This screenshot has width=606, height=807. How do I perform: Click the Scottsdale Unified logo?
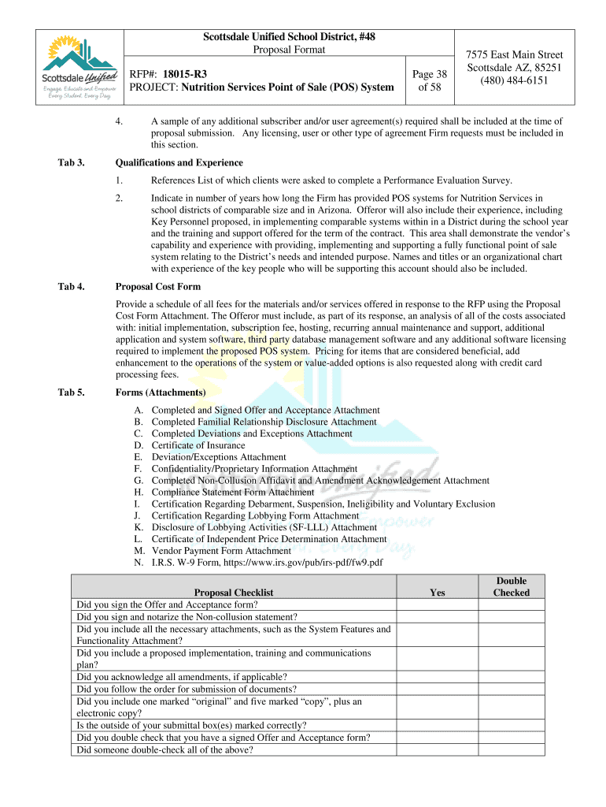coord(77,66)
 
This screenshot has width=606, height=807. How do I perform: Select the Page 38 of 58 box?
coord(430,80)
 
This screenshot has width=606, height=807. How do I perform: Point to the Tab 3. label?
coord(71,163)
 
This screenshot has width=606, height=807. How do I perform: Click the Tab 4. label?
coord(71,286)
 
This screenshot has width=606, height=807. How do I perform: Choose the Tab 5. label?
coord(71,392)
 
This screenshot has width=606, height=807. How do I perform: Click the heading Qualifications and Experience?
coord(179,163)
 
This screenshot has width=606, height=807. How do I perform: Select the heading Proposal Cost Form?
coord(158,286)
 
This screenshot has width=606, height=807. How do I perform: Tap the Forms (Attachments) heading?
coord(161,392)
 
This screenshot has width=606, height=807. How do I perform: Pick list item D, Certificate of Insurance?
coord(198,445)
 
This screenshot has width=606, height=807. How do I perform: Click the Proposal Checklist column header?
coord(234,593)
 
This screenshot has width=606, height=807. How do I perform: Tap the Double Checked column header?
coord(511,587)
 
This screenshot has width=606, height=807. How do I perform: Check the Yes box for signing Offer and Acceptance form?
coord(437,604)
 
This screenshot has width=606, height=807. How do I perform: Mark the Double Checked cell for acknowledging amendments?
coord(511,676)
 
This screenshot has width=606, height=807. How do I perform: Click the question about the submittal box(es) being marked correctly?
coord(191,725)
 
